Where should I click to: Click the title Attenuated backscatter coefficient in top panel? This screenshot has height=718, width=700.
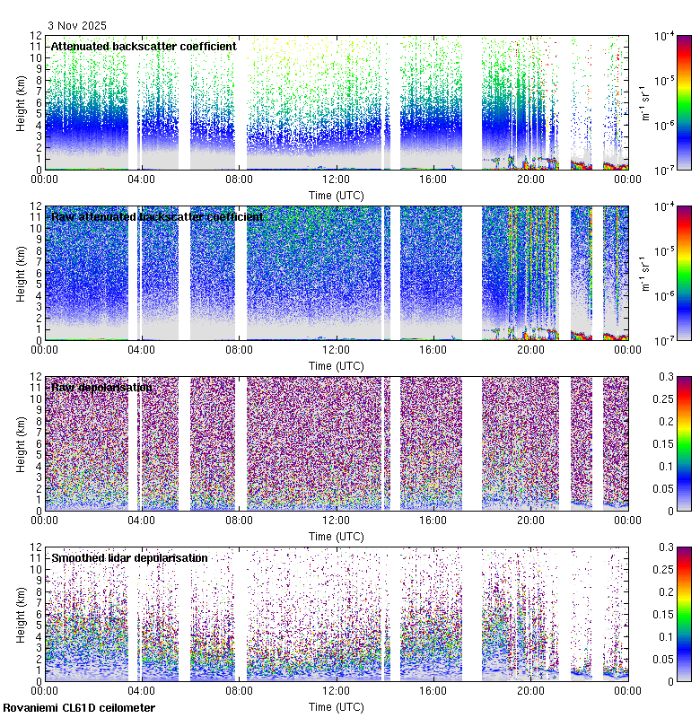(144, 47)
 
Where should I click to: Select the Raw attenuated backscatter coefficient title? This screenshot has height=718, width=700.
(157, 217)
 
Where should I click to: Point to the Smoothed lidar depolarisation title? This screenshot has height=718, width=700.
(129, 558)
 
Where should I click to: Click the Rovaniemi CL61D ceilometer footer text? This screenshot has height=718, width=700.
(78, 709)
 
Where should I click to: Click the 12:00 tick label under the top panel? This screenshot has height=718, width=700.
(336, 179)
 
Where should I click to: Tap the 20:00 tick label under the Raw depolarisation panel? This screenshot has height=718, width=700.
(529, 520)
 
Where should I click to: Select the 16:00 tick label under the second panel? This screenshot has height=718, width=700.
(433, 349)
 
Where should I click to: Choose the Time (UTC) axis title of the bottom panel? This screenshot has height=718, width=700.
(336, 706)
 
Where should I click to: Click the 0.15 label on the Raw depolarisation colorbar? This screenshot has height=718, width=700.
(668, 443)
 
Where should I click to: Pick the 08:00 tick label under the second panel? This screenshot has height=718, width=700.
(239, 349)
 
